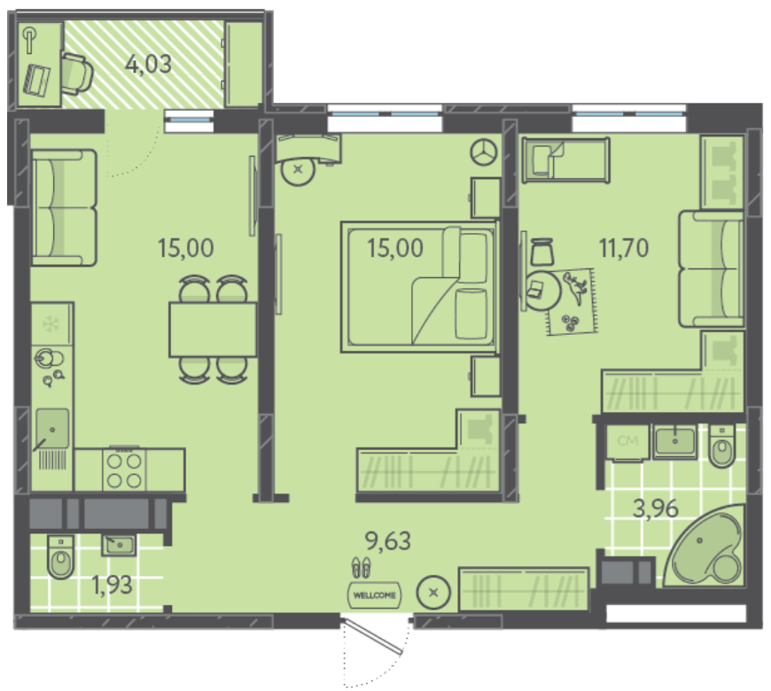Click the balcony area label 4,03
[149, 65]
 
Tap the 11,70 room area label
[624, 248]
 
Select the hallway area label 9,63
[388, 541]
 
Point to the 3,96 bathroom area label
[656, 509]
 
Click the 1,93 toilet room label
[113, 585]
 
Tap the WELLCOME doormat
[374, 595]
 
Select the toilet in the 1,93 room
[61, 556]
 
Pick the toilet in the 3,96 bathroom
[722, 446]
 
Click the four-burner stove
[124, 470]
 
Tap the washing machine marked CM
[627, 442]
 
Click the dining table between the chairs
[213, 330]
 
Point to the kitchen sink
[51, 429]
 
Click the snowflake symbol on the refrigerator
[51, 324]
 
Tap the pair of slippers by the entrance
[362, 567]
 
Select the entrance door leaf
[372, 637]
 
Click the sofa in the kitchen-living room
[64, 208]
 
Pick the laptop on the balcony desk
[37, 80]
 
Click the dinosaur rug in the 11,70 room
[572, 302]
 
